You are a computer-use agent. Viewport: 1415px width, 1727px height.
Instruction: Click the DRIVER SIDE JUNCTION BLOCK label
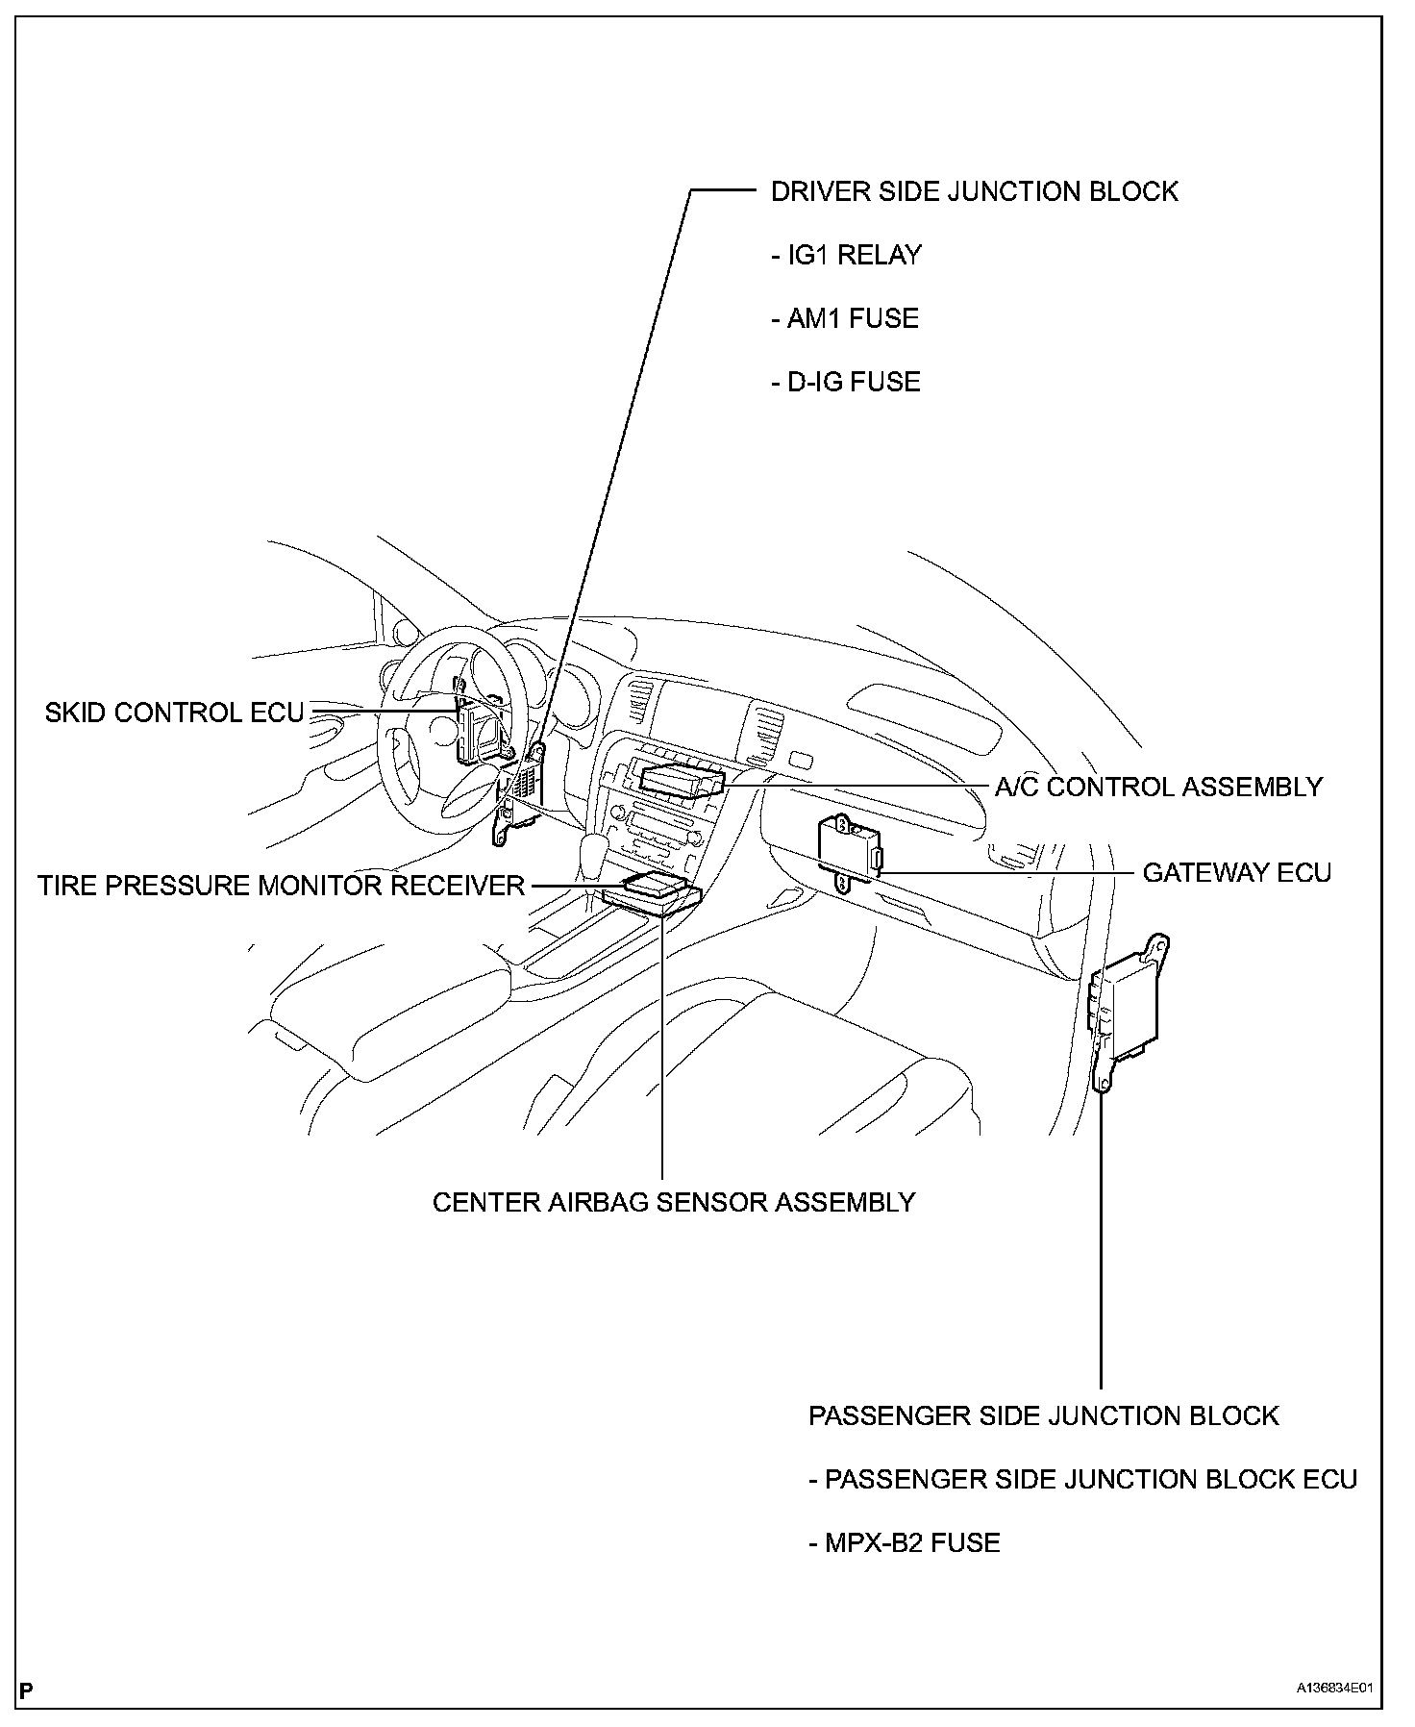[974, 192]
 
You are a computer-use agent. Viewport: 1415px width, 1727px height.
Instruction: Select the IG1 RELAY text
[846, 256]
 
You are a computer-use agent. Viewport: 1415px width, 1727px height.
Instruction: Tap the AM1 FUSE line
[845, 319]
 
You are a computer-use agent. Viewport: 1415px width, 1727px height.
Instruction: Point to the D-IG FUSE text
[846, 383]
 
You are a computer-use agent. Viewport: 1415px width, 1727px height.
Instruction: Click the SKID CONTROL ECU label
[174, 713]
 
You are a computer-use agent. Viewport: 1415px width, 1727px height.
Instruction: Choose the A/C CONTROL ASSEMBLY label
[1158, 788]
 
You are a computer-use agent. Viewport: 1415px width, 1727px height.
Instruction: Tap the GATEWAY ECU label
[1236, 873]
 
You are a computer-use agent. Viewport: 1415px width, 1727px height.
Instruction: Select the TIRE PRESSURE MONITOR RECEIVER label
[281, 886]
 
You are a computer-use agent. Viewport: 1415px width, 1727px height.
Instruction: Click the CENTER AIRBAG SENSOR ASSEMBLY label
[673, 1203]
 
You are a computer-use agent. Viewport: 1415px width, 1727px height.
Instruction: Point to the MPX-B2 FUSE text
[904, 1543]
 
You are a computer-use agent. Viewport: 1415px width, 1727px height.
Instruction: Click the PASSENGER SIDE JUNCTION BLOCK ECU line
[1082, 1480]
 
